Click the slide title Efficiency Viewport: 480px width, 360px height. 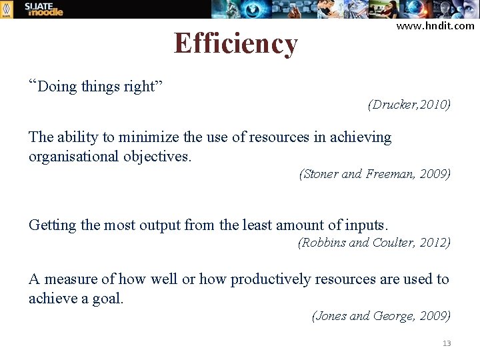click(235, 44)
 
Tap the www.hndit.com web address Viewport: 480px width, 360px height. click(435, 26)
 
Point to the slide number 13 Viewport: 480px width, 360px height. click(447, 343)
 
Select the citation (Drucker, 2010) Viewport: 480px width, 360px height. click(409, 105)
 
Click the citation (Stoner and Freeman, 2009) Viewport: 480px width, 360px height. click(375, 174)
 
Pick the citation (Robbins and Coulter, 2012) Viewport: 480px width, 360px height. click(373, 243)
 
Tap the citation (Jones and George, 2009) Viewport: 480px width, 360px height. click(381, 316)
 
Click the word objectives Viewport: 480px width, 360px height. click(165, 156)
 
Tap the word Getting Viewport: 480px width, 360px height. click(52, 225)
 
